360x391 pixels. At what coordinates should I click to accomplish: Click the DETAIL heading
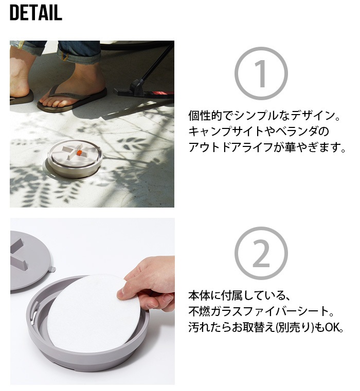pos(35,12)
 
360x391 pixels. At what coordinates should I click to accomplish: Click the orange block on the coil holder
pos(79,153)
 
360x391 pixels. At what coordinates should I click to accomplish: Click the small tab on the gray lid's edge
pos(52,269)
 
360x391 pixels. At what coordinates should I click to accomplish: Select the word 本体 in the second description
pos(199,295)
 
